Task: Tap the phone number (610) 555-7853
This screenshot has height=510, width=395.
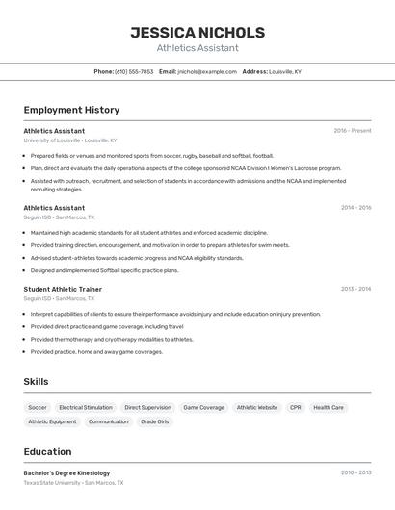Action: [x=133, y=71]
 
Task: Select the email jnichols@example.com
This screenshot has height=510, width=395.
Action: [x=206, y=71]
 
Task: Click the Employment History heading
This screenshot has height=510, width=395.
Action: [x=71, y=110]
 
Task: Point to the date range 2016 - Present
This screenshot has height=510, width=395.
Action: [x=353, y=131]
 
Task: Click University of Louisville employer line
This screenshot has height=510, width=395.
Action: [x=69, y=140]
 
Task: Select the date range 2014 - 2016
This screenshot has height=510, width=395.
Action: [x=355, y=208]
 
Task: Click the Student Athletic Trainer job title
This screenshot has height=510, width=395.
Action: [x=63, y=289]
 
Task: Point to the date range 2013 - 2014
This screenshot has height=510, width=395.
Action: [x=355, y=289]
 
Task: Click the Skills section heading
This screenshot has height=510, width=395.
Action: [x=37, y=382]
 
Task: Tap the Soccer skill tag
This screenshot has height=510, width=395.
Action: [x=38, y=408]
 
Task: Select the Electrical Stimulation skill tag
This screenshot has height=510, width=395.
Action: [x=86, y=408]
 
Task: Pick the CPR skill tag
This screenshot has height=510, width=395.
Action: [x=295, y=408]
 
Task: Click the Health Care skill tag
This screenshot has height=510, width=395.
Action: [x=329, y=408]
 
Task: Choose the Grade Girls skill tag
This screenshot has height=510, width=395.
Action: [x=154, y=421]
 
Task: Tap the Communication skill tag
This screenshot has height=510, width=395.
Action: [x=108, y=421]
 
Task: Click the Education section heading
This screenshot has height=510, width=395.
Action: [x=47, y=451]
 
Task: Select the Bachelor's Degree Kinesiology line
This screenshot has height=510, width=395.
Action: [x=66, y=473]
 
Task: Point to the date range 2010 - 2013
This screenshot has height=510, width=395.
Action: [x=355, y=473]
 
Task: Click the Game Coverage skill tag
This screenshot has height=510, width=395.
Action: [x=203, y=408]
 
